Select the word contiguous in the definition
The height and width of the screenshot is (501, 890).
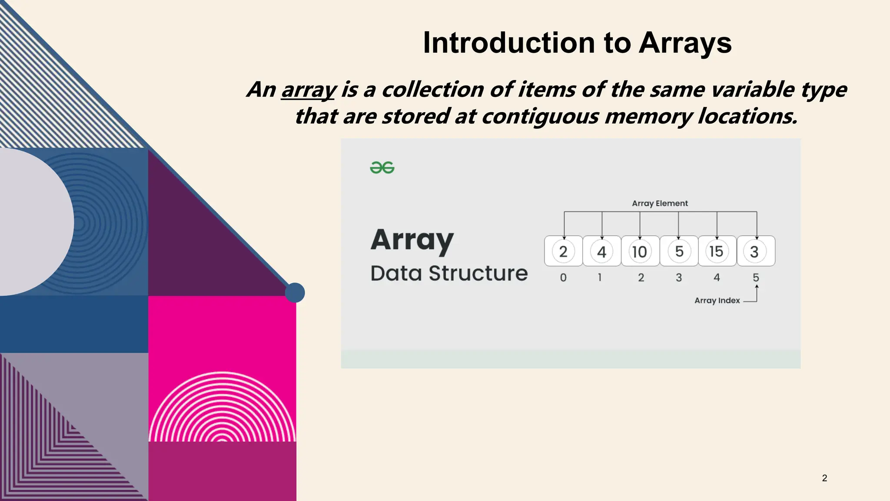(540, 117)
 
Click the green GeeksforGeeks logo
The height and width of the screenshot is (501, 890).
(382, 167)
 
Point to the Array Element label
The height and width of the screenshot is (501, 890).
(660, 203)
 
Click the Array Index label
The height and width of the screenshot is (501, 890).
(717, 301)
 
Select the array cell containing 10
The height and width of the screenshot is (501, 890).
(640, 251)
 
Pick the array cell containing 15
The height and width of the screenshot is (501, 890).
(717, 251)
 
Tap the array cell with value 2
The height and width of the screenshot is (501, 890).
(563, 251)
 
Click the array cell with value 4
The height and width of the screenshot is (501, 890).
(601, 251)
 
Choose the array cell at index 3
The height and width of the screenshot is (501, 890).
(679, 251)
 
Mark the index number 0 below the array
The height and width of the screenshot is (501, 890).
(563, 277)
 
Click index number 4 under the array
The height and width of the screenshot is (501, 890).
(717, 277)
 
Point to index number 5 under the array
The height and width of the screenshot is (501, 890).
(756, 277)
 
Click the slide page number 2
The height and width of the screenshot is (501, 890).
(824, 478)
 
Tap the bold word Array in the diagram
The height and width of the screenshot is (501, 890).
(412, 240)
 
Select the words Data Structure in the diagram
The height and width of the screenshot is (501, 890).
(449, 274)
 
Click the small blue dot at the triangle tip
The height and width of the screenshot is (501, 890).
(295, 293)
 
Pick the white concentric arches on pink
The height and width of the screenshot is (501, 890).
(222, 409)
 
